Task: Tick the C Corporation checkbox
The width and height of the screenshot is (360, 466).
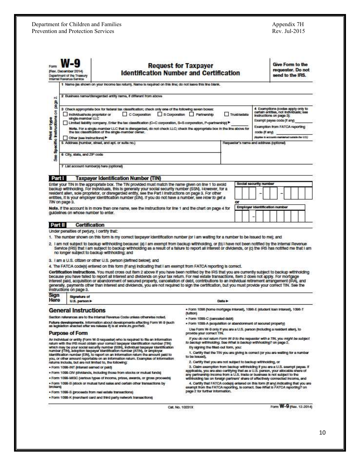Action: (x=125, y=114)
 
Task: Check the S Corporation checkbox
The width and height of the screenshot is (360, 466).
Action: (x=160, y=114)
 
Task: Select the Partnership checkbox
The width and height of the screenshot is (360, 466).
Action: (x=192, y=114)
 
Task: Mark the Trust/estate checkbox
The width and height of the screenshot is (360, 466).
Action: (x=226, y=114)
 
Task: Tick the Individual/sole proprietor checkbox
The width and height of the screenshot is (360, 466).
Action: (x=66, y=114)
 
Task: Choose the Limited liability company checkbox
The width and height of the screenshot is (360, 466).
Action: (x=66, y=123)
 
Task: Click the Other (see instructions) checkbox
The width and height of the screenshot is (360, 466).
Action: (x=66, y=138)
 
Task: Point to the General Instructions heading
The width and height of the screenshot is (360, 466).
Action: (x=77, y=310)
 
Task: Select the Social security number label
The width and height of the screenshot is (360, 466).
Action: (x=255, y=184)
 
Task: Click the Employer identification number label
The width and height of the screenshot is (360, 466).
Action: (x=262, y=207)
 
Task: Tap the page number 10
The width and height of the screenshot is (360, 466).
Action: (x=322, y=432)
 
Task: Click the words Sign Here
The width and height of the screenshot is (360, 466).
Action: (x=55, y=297)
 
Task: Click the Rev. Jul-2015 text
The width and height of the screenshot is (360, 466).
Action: (x=288, y=31)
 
